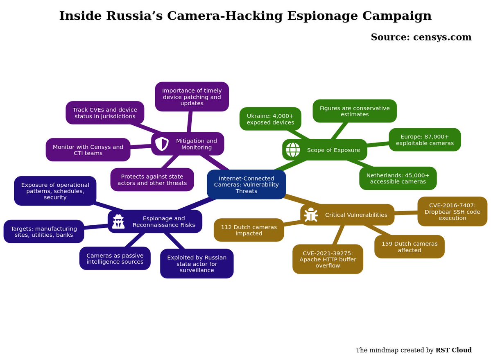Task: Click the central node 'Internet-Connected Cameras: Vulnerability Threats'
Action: pyautogui.click(x=247, y=184)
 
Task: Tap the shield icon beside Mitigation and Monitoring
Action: pyautogui.click(x=162, y=144)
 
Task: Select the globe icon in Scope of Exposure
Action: pyautogui.click(x=293, y=149)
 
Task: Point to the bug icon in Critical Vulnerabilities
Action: pyautogui.click(x=311, y=215)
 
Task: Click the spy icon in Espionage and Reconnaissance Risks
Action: pyautogui.click(x=118, y=221)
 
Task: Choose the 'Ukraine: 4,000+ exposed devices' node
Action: pyautogui.click(x=270, y=119)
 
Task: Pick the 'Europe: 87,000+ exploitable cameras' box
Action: pyautogui.click(x=425, y=140)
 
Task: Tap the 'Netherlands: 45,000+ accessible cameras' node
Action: pyautogui.click(x=398, y=178)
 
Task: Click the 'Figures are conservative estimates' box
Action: pyautogui.click(x=355, y=111)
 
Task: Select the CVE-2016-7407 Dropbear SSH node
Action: pyautogui.click(x=453, y=211)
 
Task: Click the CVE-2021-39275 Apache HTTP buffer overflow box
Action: pyautogui.click(x=328, y=259)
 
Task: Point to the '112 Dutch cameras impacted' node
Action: pyautogui.click(x=249, y=230)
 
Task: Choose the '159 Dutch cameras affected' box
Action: pyautogui.click(x=410, y=247)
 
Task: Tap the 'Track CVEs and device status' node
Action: pyautogui.click(x=105, y=113)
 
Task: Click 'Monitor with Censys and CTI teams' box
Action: pyautogui.click(x=88, y=149)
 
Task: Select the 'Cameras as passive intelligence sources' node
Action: pyautogui.click(x=115, y=258)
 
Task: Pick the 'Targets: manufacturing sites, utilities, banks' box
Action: pyautogui.click(x=44, y=231)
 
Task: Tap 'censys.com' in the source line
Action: pyautogui.click(x=442, y=37)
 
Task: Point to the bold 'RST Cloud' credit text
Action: pyautogui.click(x=453, y=350)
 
